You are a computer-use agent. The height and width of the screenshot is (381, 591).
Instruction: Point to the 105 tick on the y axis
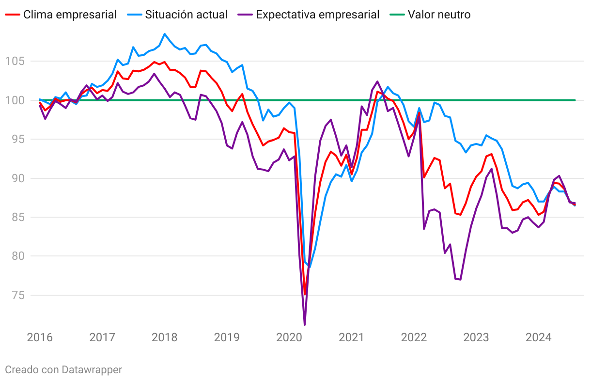[x=14, y=61]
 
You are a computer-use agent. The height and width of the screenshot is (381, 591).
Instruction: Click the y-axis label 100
[x=14, y=100]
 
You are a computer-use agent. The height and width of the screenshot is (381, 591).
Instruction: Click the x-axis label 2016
[x=40, y=337]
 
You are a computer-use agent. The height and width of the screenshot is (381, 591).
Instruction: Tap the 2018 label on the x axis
[x=165, y=337]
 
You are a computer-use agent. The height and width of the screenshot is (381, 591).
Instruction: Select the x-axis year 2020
[x=289, y=337]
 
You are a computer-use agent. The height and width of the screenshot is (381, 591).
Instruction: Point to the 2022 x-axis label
[x=414, y=337]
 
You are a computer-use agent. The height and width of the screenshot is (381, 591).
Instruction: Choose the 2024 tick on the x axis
[x=539, y=337]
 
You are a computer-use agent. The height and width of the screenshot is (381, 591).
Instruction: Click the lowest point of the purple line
[x=305, y=325]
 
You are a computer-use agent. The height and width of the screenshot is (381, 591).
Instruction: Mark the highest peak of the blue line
[x=165, y=34]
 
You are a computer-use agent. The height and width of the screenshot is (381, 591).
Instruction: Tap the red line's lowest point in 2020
[x=305, y=294]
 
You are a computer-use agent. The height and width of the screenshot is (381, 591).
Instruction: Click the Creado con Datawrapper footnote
[x=63, y=370]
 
